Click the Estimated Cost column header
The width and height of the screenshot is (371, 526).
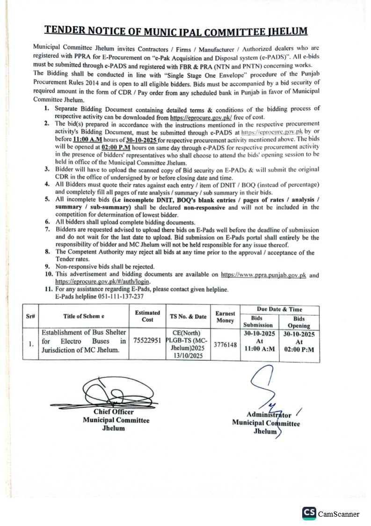pos(147,316)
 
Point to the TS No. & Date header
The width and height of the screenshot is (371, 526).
pos(188,317)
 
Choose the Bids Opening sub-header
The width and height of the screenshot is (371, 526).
pos(298,322)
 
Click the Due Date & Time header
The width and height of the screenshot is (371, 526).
pos(279,309)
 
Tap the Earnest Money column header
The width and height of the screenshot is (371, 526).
pos(225,317)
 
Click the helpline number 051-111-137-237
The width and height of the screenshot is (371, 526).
pos(121,297)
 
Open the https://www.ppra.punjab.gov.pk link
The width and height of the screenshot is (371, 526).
pos(263,275)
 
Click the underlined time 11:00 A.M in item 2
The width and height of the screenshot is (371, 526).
pos(87,140)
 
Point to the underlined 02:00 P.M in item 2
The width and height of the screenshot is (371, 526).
pos(116,147)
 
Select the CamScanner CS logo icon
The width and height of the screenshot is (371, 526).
pos(308,513)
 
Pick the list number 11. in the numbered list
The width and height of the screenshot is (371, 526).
pos(48,289)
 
